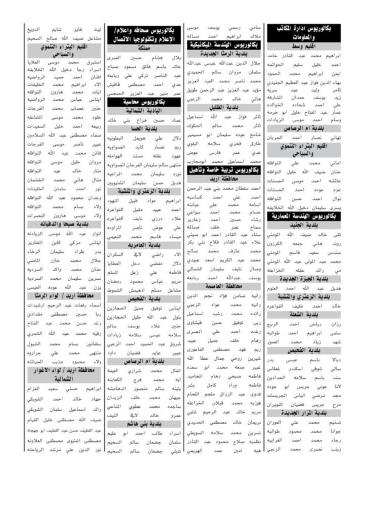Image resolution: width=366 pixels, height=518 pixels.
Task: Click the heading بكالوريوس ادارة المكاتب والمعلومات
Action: (306, 33)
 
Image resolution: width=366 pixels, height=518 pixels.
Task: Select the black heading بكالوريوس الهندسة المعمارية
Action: (306, 215)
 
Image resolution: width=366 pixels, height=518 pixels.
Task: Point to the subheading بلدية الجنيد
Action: (306, 225)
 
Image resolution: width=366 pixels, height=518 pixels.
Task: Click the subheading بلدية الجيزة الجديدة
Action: (306, 279)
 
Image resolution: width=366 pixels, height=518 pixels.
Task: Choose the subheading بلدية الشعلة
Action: (306, 315)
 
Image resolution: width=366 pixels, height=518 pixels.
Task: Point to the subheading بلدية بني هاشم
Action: (146, 423)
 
